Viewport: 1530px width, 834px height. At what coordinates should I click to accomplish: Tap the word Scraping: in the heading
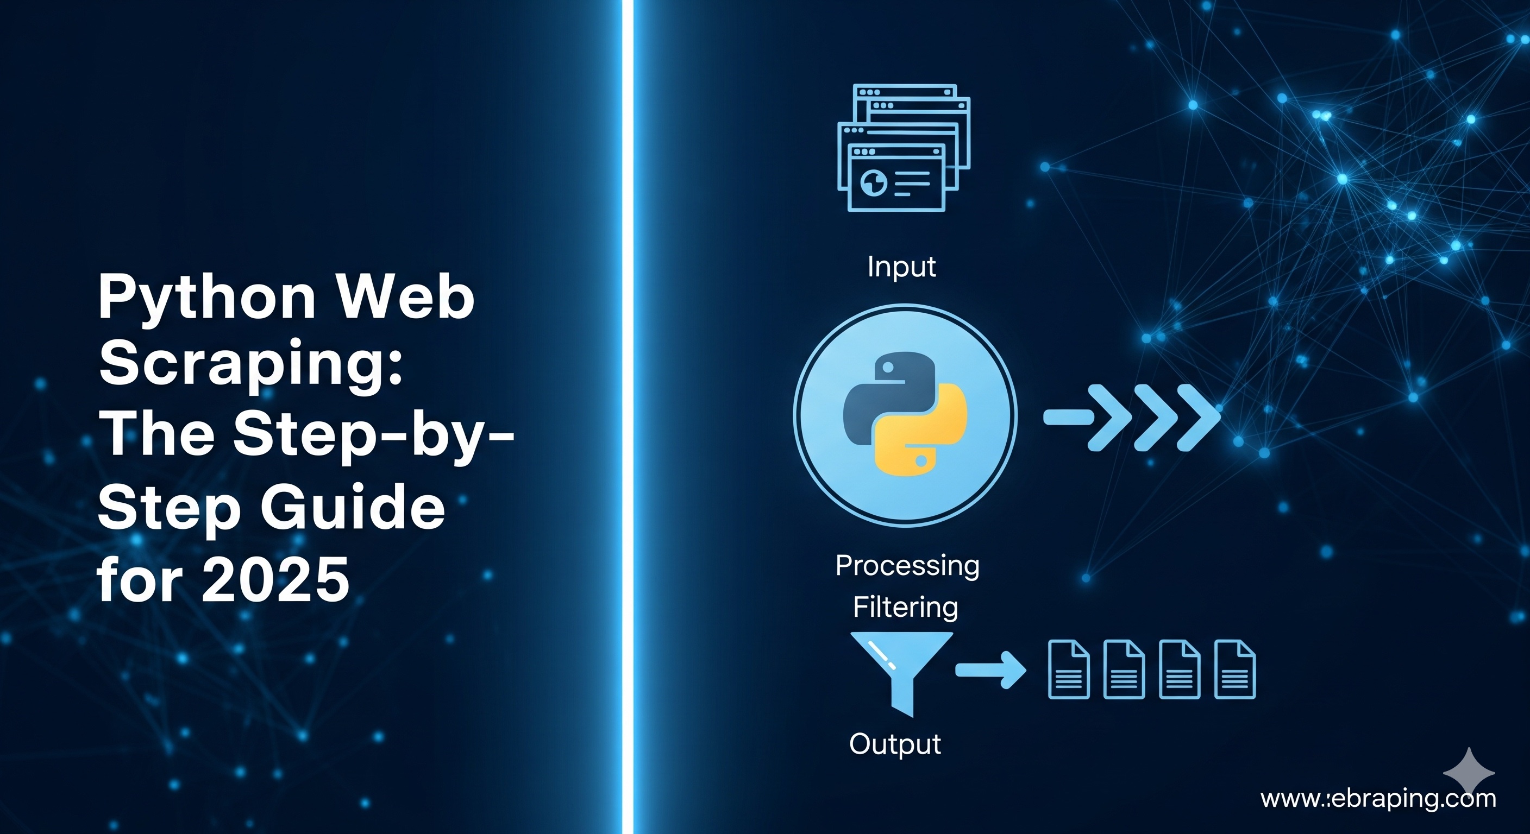click(250, 363)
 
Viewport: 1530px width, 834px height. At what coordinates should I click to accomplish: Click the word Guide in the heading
click(353, 508)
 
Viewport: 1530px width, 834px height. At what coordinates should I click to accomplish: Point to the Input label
click(901, 267)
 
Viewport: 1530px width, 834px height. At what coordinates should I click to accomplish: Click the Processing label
click(907, 565)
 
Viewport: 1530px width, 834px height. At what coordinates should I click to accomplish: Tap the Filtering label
click(905, 607)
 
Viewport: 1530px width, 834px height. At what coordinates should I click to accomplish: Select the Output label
click(895, 744)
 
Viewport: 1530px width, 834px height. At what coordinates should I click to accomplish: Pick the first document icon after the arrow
click(1069, 669)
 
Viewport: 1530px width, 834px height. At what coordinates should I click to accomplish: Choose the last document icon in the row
click(1235, 669)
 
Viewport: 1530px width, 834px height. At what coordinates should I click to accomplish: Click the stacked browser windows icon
click(903, 148)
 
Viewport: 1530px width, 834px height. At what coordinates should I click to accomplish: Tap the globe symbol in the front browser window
click(874, 183)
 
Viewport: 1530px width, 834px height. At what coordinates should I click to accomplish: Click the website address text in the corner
click(1378, 799)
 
